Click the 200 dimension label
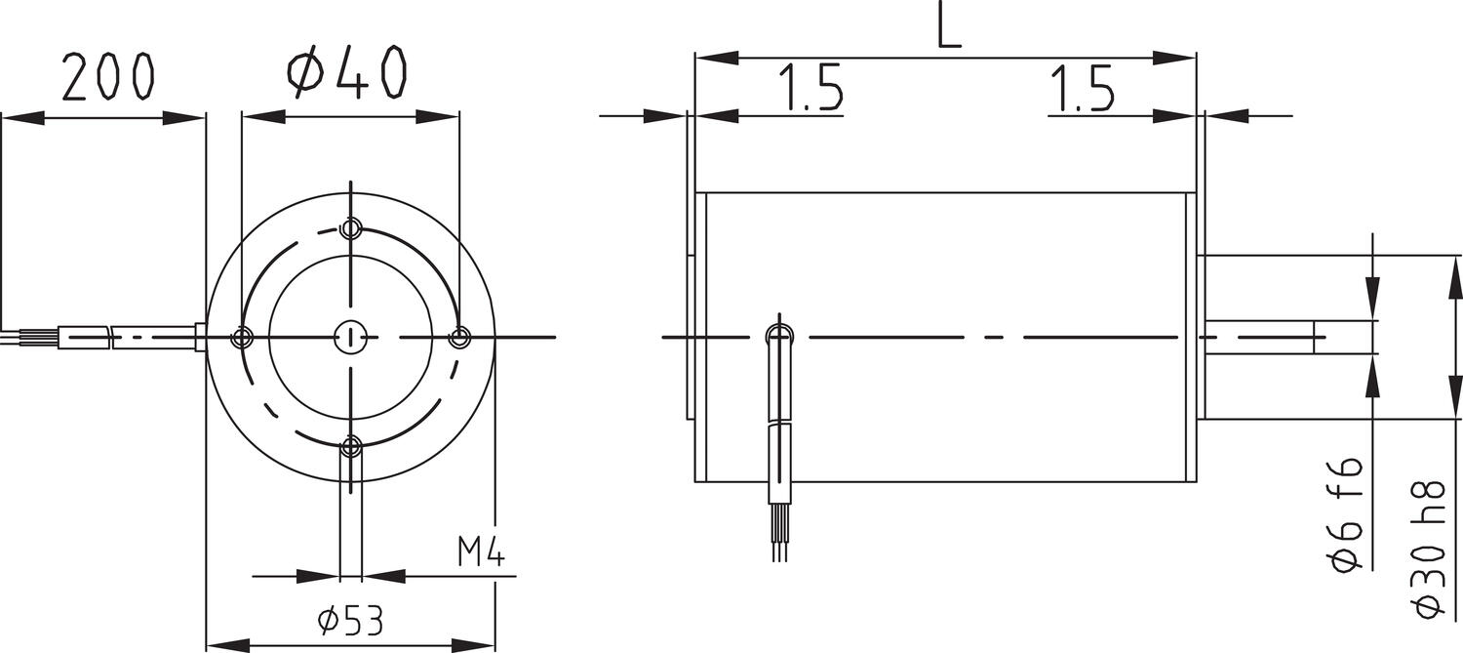click(x=107, y=78)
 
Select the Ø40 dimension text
click(x=345, y=74)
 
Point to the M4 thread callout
click(x=481, y=554)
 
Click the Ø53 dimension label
click(x=350, y=621)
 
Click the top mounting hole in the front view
click(x=351, y=230)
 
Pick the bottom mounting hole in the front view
click(x=351, y=447)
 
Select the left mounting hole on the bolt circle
click(x=242, y=338)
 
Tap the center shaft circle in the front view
click(x=349, y=338)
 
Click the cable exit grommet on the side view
click(x=779, y=337)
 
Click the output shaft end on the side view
click(x=1317, y=337)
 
